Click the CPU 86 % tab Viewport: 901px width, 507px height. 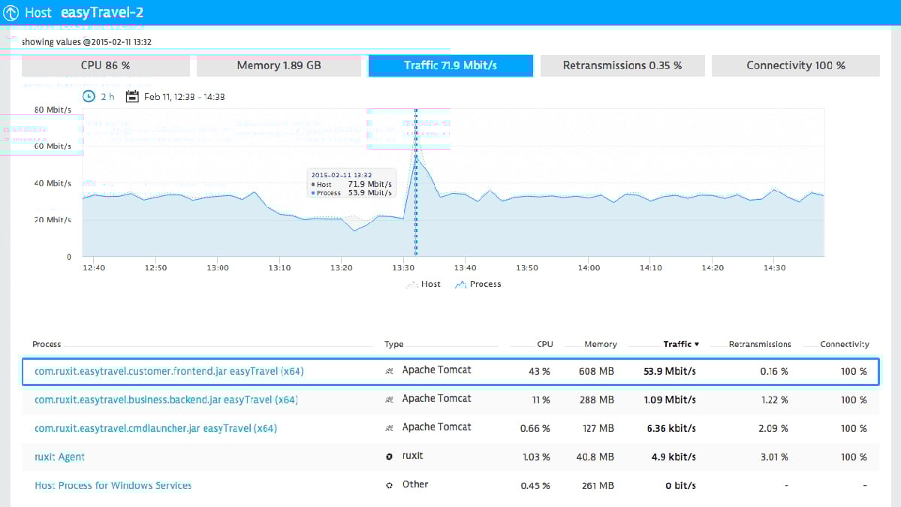click(x=105, y=65)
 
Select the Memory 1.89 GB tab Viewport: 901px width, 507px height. click(x=279, y=65)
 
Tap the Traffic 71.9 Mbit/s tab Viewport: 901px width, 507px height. click(x=450, y=65)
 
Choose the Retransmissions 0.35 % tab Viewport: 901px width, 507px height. click(x=622, y=65)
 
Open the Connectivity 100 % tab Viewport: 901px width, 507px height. click(x=795, y=65)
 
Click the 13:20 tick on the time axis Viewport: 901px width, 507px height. click(x=341, y=268)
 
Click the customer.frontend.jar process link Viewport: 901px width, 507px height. click(x=169, y=371)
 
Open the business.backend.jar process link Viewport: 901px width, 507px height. click(x=166, y=400)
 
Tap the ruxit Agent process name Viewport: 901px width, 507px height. click(x=60, y=457)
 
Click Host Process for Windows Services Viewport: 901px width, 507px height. click(x=113, y=485)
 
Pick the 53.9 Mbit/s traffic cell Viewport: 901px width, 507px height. click(x=670, y=371)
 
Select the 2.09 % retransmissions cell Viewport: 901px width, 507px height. click(x=774, y=428)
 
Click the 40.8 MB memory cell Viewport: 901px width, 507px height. click(x=598, y=457)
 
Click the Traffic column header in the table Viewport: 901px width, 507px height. click(x=680, y=344)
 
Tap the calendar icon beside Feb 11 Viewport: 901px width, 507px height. click(x=132, y=96)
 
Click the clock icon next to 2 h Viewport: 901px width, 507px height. click(x=89, y=96)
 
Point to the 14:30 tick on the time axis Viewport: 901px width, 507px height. click(x=774, y=268)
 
